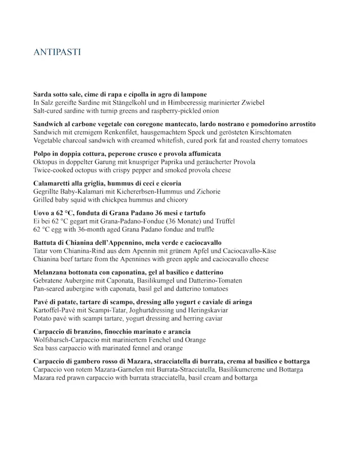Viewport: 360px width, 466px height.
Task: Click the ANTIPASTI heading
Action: click(57, 53)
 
